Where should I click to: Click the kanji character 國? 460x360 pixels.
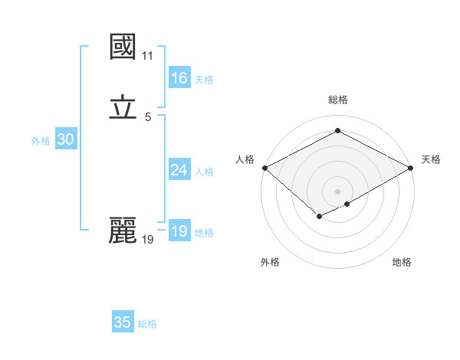123,47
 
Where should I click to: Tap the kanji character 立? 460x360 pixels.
123,107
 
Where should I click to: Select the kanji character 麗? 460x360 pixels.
123,230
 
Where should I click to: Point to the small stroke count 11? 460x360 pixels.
147,56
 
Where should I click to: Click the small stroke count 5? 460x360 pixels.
147,117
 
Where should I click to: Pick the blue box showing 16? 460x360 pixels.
179,78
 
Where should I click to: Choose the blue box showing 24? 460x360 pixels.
179,170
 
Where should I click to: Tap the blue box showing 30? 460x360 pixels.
65,139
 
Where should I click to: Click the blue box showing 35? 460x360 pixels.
123,322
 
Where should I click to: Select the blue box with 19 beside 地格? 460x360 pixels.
179,231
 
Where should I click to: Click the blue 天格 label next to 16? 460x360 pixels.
204,80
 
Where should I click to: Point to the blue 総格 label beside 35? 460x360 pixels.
147,324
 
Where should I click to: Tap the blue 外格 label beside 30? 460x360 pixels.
41,141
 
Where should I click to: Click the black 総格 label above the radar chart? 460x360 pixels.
338,100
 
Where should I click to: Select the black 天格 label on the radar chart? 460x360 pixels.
431,159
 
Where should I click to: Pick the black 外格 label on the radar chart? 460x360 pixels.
270,262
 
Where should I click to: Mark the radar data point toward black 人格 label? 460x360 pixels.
264,168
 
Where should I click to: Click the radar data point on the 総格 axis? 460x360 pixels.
337,130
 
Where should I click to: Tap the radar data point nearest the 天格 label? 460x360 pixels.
411,168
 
